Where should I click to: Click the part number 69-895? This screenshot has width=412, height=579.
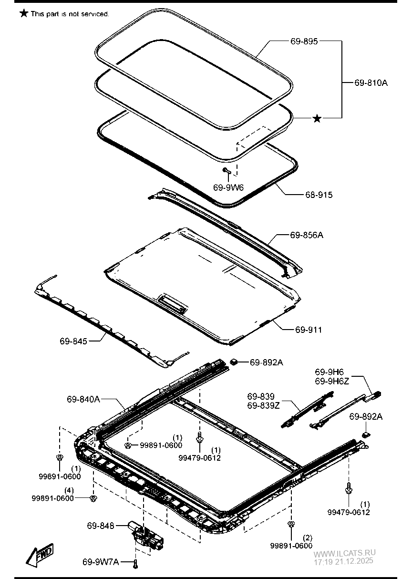[x=304, y=41]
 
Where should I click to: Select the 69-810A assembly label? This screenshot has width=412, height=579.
[x=371, y=83]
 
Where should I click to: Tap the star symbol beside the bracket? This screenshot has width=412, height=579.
[x=317, y=118]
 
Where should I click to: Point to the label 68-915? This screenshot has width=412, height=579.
[x=319, y=195]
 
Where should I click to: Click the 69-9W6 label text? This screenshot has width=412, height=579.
[x=228, y=187]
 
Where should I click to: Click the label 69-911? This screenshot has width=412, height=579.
[x=308, y=330]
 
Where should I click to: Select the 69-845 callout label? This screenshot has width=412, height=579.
[x=73, y=341]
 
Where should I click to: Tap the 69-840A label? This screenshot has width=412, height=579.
[x=83, y=399]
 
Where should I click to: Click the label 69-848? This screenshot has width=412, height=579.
[x=101, y=526]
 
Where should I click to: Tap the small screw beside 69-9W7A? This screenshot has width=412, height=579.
[x=135, y=564]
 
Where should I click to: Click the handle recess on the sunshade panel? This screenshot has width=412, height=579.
[x=172, y=301]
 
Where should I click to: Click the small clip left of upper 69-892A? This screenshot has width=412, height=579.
[x=235, y=362]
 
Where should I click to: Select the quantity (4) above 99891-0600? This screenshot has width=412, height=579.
[x=70, y=490]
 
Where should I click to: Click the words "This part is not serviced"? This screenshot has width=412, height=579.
[x=70, y=14]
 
